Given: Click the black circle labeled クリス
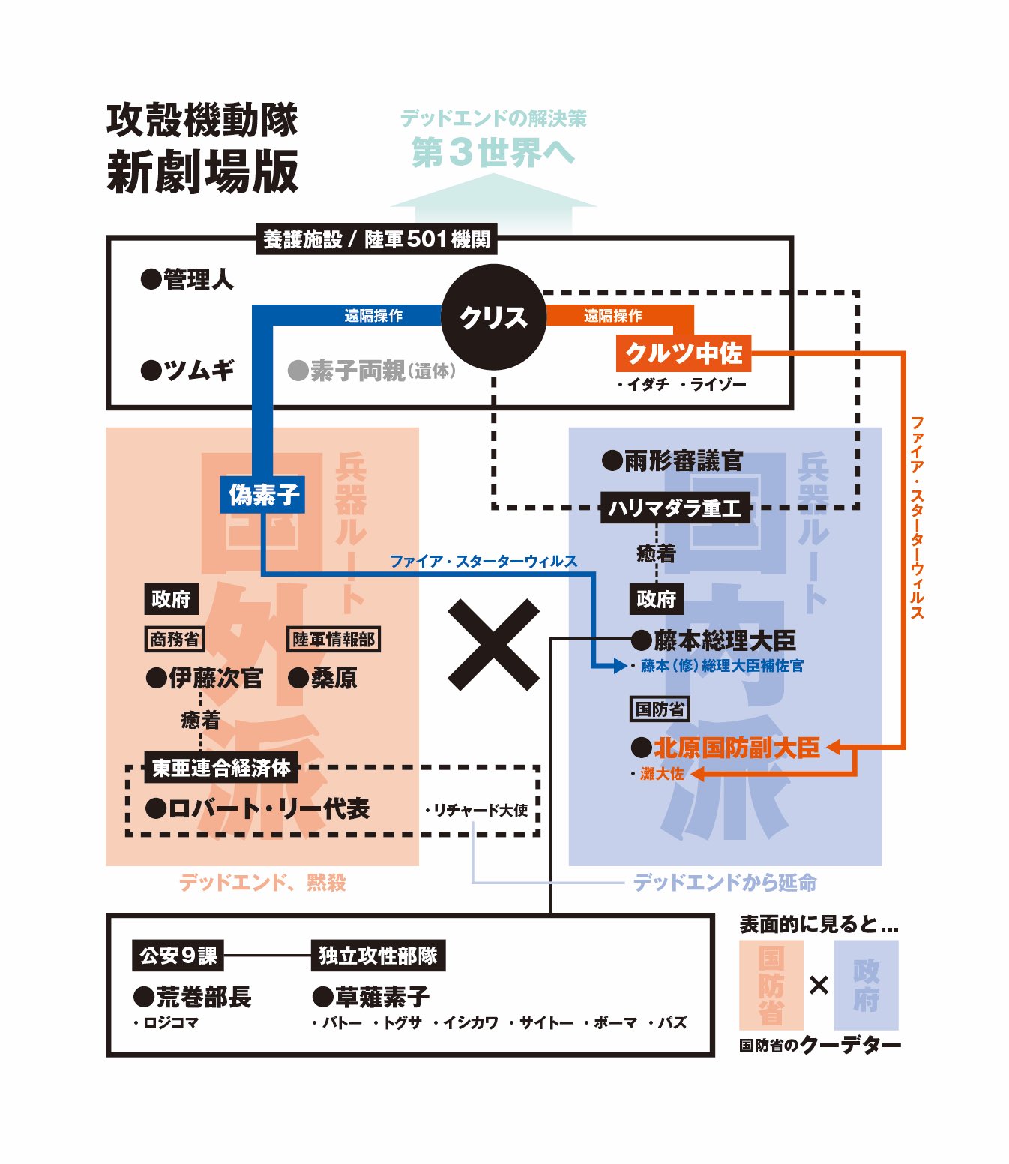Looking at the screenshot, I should click(x=493, y=317).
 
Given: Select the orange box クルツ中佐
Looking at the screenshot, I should click(x=683, y=352).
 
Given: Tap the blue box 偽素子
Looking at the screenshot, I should click(x=262, y=494).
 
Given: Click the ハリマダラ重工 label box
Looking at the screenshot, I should click(x=675, y=508).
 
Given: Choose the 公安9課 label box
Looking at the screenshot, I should click(x=178, y=955).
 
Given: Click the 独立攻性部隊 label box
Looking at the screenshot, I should click(x=378, y=955).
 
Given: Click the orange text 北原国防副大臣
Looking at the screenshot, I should click(x=737, y=748).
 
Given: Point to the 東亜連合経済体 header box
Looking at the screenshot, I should click(x=221, y=768).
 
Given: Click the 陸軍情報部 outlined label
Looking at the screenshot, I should click(x=334, y=639).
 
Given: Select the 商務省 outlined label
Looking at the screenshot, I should click(x=174, y=639).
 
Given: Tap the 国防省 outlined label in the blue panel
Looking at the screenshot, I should click(x=659, y=709).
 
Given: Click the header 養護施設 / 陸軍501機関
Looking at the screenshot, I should click(x=376, y=239).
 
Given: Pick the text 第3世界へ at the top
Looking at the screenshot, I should click(x=493, y=153).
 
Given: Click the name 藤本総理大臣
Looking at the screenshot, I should click(x=724, y=640).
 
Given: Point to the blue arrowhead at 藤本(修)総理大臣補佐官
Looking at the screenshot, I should click(x=618, y=665).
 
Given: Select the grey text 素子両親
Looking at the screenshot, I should click(x=357, y=370).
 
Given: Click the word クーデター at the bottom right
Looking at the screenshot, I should click(x=851, y=1044).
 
